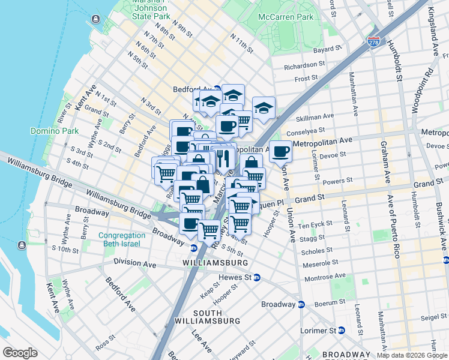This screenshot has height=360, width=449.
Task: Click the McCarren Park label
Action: [286, 17]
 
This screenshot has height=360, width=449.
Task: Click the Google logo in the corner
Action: [20, 353]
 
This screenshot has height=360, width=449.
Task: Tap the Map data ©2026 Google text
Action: [412, 355]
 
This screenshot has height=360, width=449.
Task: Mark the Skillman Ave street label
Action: [319, 116]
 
